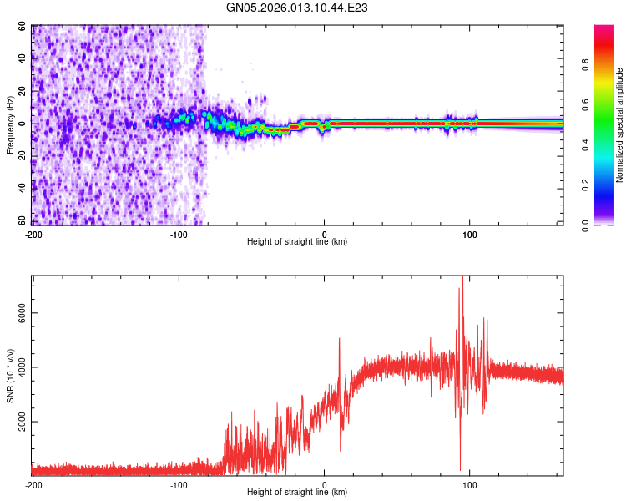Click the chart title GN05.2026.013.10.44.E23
pyautogui.click(x=298, y=8)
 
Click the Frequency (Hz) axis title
pyautogui.click(x=10, y=125)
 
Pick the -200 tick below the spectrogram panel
pyautogui.click(x=33, y=234)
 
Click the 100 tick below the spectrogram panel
pyautogui.click(x=470, y=234)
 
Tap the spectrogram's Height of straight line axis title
pyautogui.click(x=297, y=242)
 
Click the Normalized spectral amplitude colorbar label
pyautogui.click(x=620, y=125)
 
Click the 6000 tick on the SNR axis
pyautogui.click(x=18, y=313)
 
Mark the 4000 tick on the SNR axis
pyautogui.click(x=18, y=367)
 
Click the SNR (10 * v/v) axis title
pyautogui.click(x=10, y=376)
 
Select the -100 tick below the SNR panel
pyautogui.click(x=179, y=484)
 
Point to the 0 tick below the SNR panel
pyautogui.click(x=325, y=484)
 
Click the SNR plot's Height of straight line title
pyautogui.click(x=297, y=493)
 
